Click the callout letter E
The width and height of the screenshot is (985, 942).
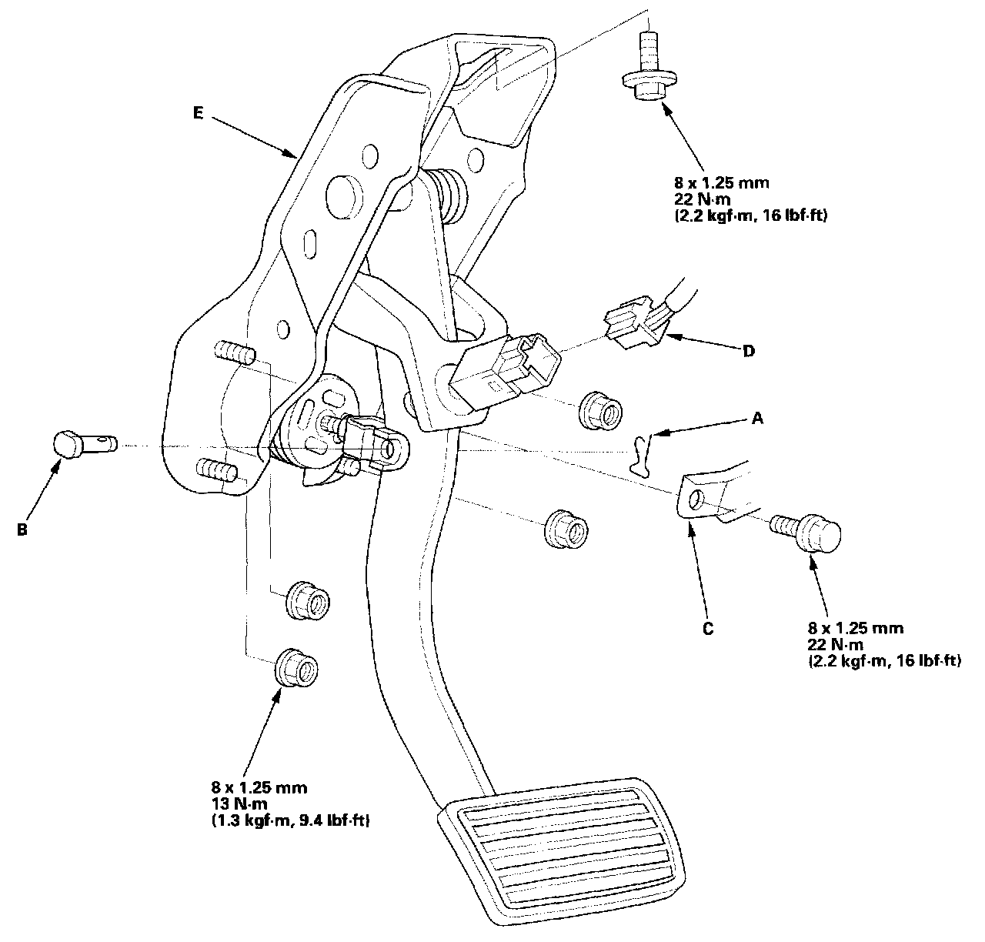199,113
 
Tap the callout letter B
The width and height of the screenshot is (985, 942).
22,529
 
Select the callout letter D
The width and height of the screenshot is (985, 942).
747,351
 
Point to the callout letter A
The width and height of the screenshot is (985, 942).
757,419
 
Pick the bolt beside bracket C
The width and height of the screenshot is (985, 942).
809,531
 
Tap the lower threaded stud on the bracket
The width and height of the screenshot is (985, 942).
217,469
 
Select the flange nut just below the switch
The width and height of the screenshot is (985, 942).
601,409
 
